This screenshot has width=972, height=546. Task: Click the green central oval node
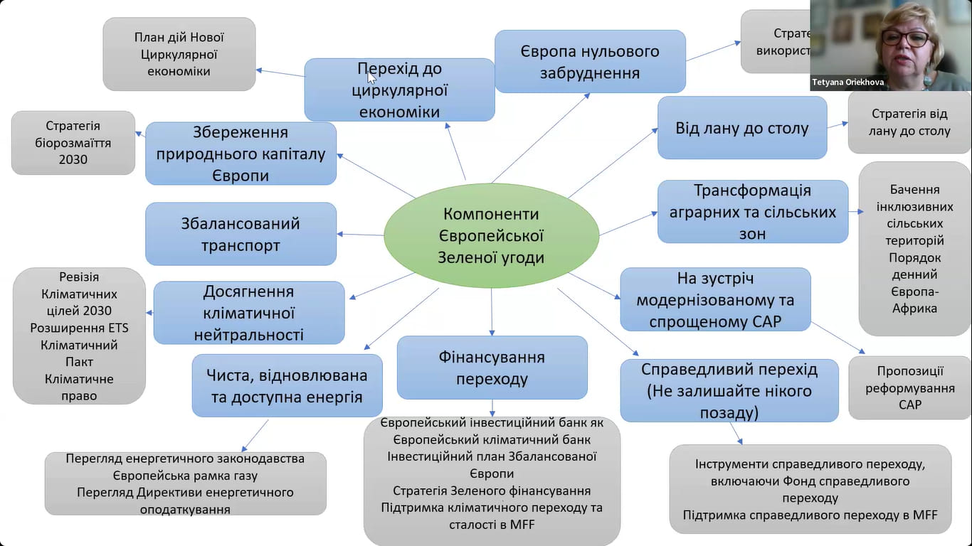490,235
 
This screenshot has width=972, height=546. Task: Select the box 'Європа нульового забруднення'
590,62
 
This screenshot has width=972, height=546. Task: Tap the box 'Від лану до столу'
741,128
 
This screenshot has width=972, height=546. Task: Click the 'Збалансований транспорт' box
241,234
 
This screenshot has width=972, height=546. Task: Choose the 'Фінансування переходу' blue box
492,368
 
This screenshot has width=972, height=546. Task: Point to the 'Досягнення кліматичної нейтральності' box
248,313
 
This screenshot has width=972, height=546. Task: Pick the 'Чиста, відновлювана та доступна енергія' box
287,385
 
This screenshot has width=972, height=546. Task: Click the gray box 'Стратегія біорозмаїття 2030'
73,143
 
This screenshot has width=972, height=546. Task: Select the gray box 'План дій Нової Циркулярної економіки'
179,54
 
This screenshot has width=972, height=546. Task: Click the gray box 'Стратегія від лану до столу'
909,122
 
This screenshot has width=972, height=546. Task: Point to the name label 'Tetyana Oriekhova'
848,82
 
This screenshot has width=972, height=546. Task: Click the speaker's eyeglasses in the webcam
905,37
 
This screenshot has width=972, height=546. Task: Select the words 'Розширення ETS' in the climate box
79,328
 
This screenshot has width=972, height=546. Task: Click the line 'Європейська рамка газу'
185,476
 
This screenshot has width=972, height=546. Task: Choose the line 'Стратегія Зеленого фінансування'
491,491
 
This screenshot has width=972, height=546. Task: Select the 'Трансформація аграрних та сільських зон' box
752,212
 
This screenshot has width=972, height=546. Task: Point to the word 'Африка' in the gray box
914,308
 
